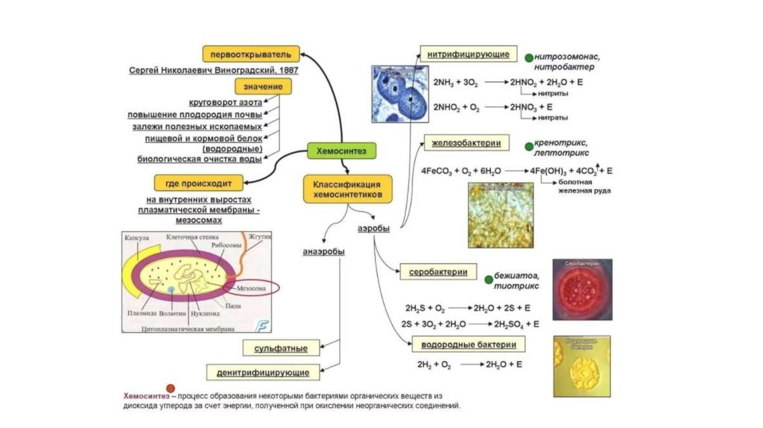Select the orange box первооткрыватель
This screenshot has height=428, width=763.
point(251,54)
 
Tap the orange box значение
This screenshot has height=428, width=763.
point(262,86)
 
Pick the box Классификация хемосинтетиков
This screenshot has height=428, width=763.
point(347,188)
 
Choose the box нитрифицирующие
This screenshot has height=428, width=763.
point(468,55)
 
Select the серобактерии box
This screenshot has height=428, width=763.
point(438,272)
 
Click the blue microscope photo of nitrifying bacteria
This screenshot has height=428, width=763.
point(401,92)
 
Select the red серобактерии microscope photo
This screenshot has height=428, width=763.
point(582,289)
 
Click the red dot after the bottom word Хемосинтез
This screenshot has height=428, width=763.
point(171,388)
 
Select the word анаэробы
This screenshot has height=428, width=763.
point(323,251)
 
